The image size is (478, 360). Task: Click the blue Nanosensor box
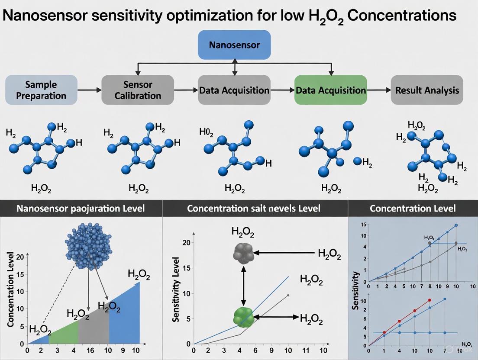tap(234, 45)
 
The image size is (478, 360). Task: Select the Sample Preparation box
tap(41, 90)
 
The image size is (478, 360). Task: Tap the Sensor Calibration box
tap(138, 90)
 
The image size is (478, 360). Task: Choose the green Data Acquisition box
tap(330, 90)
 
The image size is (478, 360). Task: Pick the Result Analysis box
tap(427, 90)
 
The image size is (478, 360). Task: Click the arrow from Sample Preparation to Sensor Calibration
tap(89, 90)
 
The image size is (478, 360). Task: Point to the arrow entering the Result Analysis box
tap(379, 90)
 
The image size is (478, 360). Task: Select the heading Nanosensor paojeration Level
tap(81, 208)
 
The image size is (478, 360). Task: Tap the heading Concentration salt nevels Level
tap(254, 208)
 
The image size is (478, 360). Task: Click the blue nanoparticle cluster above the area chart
tap(88, 244)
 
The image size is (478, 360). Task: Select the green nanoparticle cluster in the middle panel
tap(243, 317)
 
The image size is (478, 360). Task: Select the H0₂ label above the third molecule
tap(206, 132)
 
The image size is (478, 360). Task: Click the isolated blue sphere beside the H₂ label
tap(357, 161)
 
